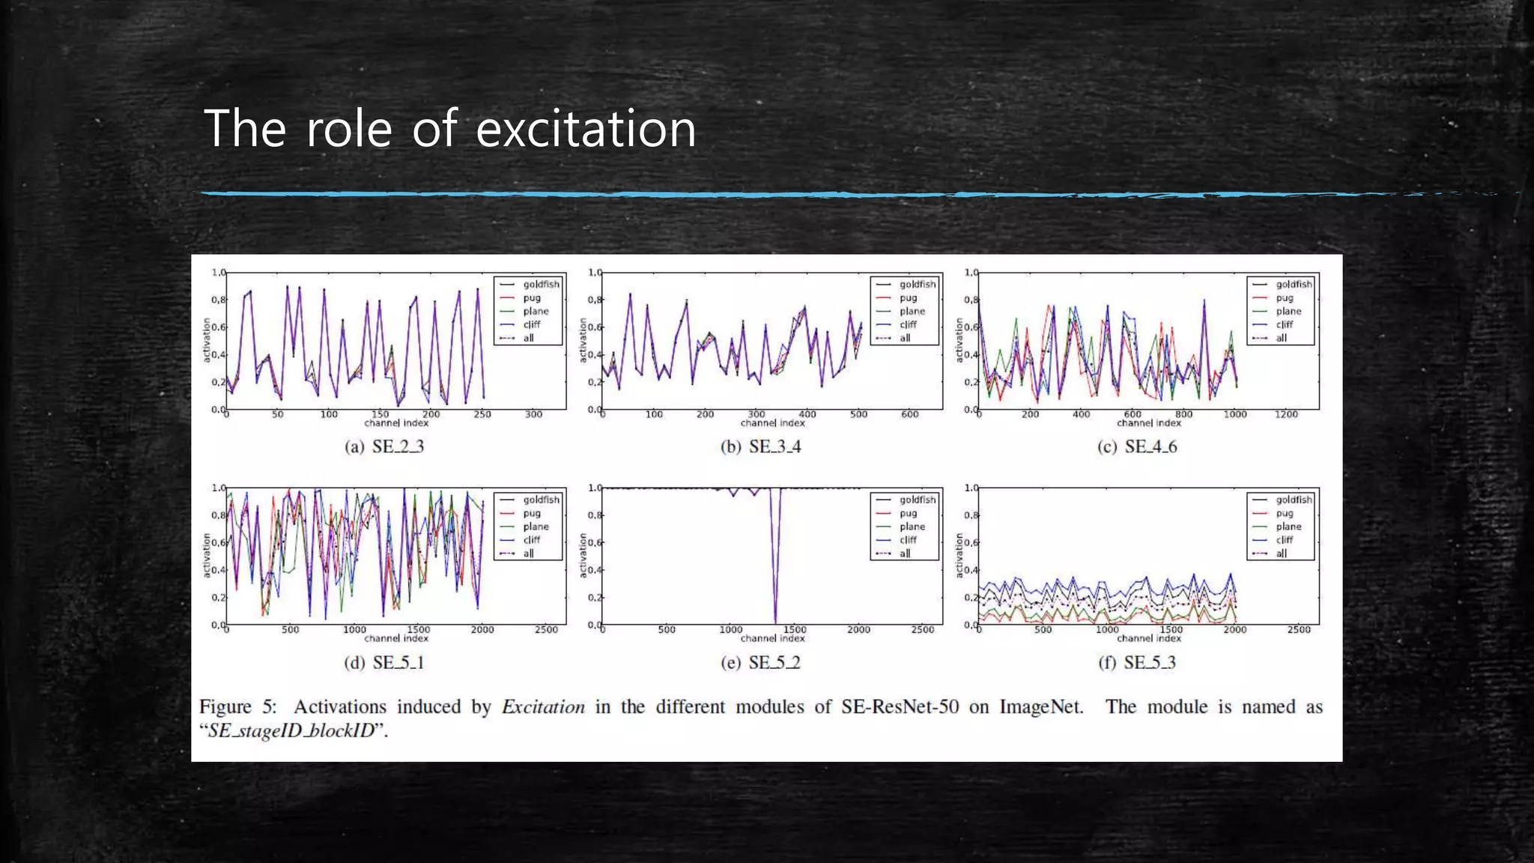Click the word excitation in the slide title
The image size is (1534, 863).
pyautogui.click(x=586, y=129)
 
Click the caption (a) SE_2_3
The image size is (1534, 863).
pyautogui.click(x=384, y=446)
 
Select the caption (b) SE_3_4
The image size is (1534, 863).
pyautogui.click(x=760, y=446)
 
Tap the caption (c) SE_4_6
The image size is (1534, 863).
pyautogui.click(x=1137, y=446)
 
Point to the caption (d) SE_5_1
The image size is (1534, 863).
pyautogui.click(x=384, y=662)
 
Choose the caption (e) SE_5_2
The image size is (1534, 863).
pyautogui.click(x=760, y=662)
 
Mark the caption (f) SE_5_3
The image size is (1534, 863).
pyautogui.click(x=1137, y=662)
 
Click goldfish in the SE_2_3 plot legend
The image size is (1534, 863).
pyautogui.click(x=541, y=285)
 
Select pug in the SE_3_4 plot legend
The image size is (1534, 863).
pyautogui.click(x=908, y=298)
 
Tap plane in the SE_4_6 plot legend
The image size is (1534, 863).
pyautogui.click(x=1288, y=312)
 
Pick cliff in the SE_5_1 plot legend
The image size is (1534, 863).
pyautogui.click(x=532, y=540)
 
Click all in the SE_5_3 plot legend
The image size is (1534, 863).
pyautogui.click(x=1282, y=554)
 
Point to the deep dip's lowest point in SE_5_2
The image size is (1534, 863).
pyautogui.click(x=775, y=620)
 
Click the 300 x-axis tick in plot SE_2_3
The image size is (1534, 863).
pyautogui.click(x=533, y=414)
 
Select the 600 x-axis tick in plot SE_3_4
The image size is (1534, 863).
pyautogui.click(x=909, y=414)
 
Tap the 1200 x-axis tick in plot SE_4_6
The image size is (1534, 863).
pyautogui.click(x=1286, y=414)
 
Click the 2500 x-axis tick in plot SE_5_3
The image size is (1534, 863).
pyautogui.click(x=1299, y=630)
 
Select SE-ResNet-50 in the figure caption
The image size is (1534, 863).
pyautogui.click(x=900, y=707)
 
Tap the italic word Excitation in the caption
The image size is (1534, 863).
pyautogui.click(x=543, y=707)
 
